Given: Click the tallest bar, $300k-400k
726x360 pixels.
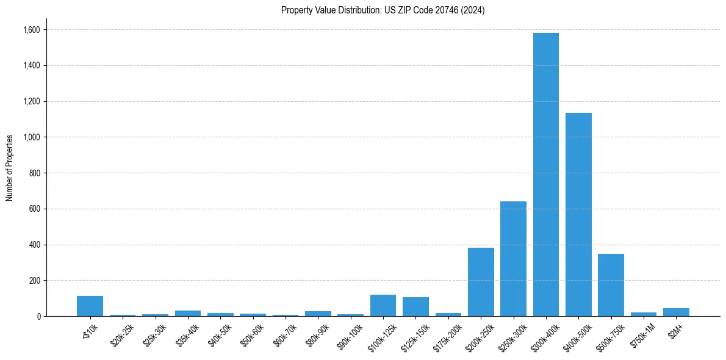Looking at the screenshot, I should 545,175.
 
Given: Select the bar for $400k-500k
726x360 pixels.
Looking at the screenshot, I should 578,214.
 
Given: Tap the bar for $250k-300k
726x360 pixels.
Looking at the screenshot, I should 513,259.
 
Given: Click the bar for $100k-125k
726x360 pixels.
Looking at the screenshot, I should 383,306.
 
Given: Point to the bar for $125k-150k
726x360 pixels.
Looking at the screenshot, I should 415,307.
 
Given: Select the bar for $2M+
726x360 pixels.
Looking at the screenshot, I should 676,312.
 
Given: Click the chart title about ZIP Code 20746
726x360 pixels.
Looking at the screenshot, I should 383,10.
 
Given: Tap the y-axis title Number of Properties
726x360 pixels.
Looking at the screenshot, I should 10,167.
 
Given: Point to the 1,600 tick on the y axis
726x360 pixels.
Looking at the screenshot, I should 31,30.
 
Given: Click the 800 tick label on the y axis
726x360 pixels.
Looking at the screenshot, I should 34,173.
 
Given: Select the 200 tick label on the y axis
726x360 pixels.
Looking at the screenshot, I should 34,281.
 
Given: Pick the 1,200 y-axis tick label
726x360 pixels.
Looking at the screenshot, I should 31,101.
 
